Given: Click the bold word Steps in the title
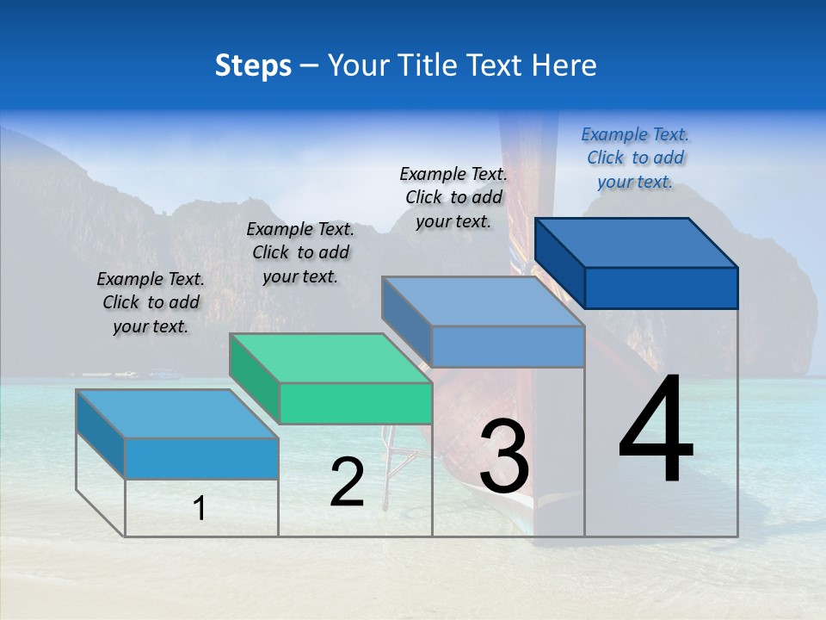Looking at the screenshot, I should (253, 65).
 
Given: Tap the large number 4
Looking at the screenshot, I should (656, 431).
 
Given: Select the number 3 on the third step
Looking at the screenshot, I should (503, 456).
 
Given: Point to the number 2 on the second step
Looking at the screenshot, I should (347, 482).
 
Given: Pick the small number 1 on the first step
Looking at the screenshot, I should (200, 509).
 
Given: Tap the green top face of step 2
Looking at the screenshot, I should (331, 358).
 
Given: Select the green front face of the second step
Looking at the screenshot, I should (355, 403).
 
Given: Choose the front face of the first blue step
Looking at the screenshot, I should (201, 458).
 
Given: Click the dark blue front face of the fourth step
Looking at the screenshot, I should (661, 288).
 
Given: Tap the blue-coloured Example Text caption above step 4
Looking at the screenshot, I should (635, 158).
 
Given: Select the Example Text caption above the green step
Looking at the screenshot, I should (300, 252).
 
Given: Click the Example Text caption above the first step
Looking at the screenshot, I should (151, 302).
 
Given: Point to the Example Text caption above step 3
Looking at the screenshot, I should (453, 197).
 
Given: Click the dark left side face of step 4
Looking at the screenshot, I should (560, 262).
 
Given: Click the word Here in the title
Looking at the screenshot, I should (565, 65).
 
